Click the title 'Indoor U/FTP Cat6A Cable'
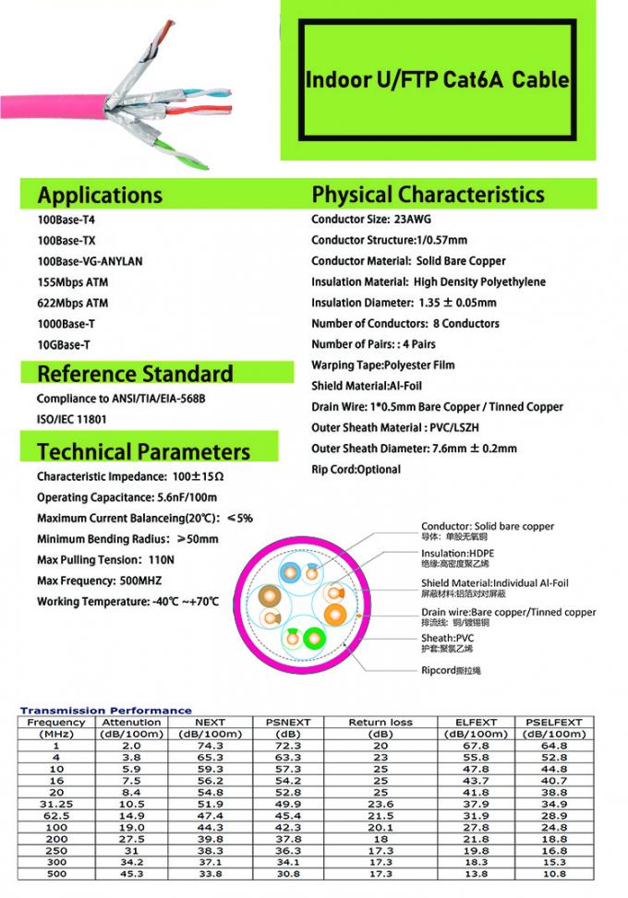438,80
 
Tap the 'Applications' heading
100,195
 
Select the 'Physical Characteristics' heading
428,195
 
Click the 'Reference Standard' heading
135,374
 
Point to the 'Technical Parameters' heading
143,451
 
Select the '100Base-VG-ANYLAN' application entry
90,261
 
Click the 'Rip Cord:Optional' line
356,469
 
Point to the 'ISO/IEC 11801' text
71,419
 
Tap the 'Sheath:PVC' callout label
451,638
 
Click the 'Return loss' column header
380,723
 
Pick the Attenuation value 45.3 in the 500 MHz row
131,873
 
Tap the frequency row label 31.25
56,804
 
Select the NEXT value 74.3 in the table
210,745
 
